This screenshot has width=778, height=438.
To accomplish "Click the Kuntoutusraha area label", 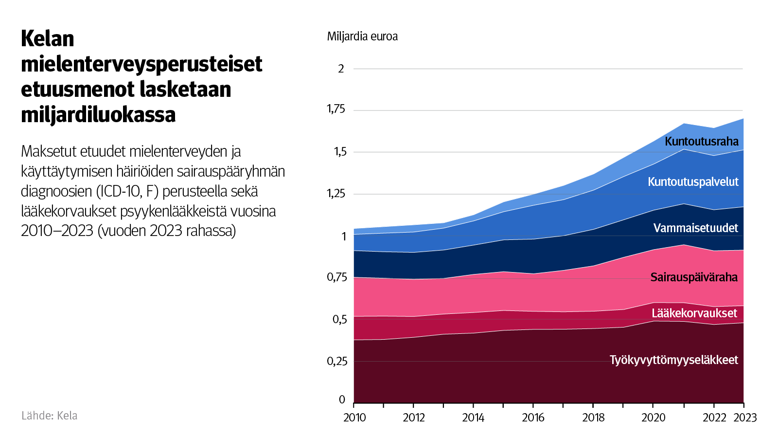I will point(701,142).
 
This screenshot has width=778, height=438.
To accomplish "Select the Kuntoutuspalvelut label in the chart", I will point(693,182).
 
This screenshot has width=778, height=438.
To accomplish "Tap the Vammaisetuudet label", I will point(695,228).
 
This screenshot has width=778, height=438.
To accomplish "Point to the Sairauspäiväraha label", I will point(694,277).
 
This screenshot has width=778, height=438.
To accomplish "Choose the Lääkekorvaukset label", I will point(694,313).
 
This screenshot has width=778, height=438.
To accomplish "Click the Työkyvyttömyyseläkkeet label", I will point(673,360).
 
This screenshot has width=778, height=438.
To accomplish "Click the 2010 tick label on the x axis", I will point(354,418).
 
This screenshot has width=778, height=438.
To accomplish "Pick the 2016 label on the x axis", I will point(533,418).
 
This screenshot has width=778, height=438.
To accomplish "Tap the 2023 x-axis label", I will point(745,418).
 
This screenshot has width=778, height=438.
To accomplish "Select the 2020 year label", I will point(653,418).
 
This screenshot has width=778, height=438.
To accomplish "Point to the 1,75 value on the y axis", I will point(336,109).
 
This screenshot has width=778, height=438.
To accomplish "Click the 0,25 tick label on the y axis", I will point(337,361).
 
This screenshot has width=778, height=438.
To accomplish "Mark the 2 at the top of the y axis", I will point(341,69).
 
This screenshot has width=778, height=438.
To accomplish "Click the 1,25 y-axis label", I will point(336,194).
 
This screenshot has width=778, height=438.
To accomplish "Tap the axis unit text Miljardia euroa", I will point(362,36).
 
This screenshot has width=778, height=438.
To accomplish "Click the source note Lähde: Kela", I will point(50,416).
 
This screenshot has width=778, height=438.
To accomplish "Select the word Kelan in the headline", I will point(48,39).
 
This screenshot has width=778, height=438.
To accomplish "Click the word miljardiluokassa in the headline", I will point(98,115).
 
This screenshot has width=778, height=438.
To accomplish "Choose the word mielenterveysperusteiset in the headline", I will point(141,64).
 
